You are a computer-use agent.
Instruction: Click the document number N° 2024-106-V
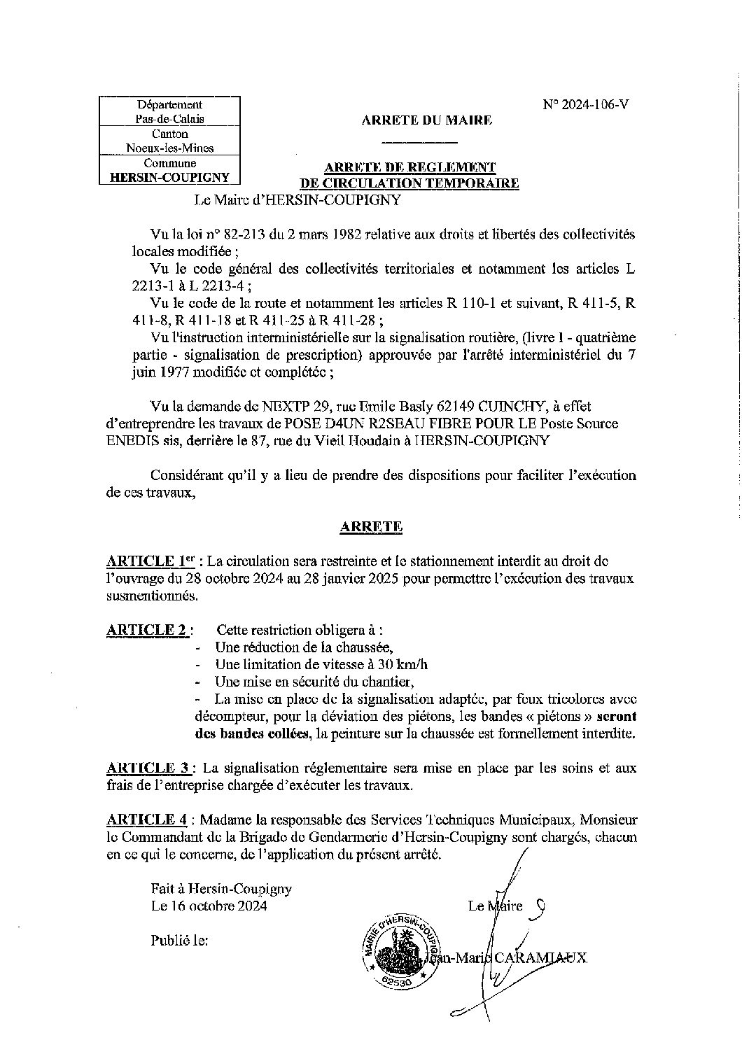(586, 105)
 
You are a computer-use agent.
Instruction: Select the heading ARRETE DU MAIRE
(427, 120)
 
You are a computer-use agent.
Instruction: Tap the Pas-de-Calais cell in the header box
(170, 119)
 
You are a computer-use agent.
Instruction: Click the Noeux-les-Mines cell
(170, 148)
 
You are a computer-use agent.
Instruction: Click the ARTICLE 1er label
(150, 561)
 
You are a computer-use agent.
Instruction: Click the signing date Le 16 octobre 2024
(209, 906)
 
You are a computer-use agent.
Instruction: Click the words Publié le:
(179, 941)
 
